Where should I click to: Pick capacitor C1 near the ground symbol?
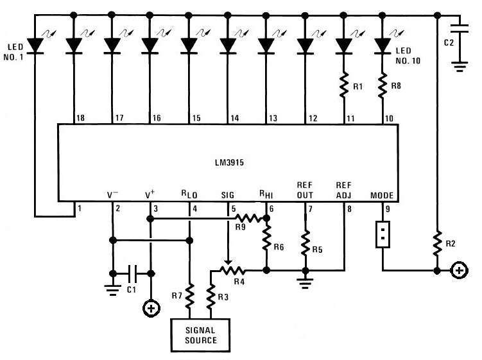(132, 273)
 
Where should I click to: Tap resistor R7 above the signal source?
(190, 293)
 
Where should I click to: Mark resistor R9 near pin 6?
(248, 218)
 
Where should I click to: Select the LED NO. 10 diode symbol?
(383, 45)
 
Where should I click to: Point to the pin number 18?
(80, 118)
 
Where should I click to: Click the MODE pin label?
(383, 195)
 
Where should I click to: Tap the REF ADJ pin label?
(344, 189)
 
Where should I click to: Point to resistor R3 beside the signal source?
(210, 297)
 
